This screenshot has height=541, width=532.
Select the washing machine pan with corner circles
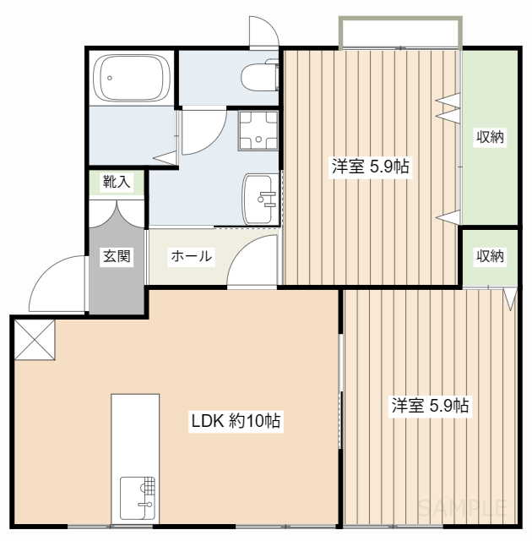pyautogui.click(x=258, y=131)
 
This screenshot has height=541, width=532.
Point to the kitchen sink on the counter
pyautogui.click(x=138, y=498)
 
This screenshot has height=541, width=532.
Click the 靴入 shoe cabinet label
pyautogui.click(x=117, y=181)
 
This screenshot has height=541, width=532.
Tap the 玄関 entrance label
pyautogui.click(x=117, y=256)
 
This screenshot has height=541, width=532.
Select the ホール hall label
pyautogui.click(x=191, y=256)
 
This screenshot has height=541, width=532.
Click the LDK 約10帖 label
pyautogui.click(x=236, y=421)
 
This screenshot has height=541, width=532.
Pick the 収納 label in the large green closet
pyautogui.click(x=490, y=138)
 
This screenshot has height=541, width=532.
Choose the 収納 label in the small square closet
pyautogui.click(x=489, y=256)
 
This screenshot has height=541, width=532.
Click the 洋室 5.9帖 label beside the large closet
pyautogui.click(x=370, y=167)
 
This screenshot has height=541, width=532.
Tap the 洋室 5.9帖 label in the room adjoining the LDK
pyautogui.click(x=430, y=406)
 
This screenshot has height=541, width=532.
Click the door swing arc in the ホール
pyautogui.click(x=253, y=260)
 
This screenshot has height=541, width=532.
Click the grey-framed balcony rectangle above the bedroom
pyautogui.click(x=400, y=32)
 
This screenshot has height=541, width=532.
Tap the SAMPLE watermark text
pyautogui.click(x=463, y=507)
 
